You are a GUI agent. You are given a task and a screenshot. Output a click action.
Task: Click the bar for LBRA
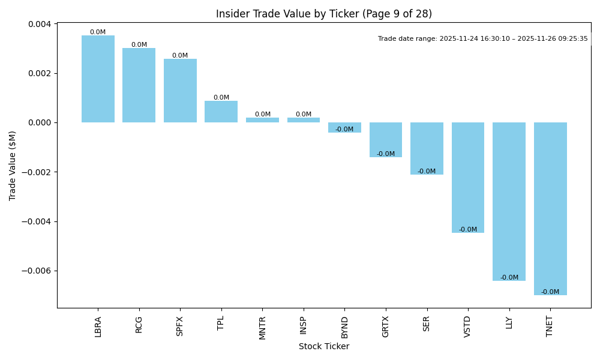coord(98,79)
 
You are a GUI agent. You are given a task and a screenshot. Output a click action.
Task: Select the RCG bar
coord(139,85)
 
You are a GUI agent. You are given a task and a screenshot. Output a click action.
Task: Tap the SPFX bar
coord(180,91)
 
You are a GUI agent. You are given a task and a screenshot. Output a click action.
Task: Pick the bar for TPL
coord(221,112)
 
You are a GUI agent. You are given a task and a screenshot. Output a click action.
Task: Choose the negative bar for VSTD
coord(468,178)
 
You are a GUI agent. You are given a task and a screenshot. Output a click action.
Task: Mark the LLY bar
coord(509,202)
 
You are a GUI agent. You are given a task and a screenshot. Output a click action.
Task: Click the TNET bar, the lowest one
coord(550,209)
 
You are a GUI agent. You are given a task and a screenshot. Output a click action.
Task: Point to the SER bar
coord(427,149)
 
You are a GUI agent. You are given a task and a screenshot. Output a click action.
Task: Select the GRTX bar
coord(386,140)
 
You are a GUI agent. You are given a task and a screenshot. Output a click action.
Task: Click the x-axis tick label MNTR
coord(262,328)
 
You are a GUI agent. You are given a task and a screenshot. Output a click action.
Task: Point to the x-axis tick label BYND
coord(344,327)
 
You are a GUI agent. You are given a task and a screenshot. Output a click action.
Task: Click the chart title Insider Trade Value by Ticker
coord(324,14)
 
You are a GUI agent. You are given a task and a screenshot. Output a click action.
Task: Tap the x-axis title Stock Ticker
coord(324,346)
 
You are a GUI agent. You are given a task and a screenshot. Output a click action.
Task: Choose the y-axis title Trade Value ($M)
coord(13,166)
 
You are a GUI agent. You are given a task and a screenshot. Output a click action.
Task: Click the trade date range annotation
coord(483,39)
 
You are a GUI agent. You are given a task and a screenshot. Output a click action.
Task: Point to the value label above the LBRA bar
coord(98,32)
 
